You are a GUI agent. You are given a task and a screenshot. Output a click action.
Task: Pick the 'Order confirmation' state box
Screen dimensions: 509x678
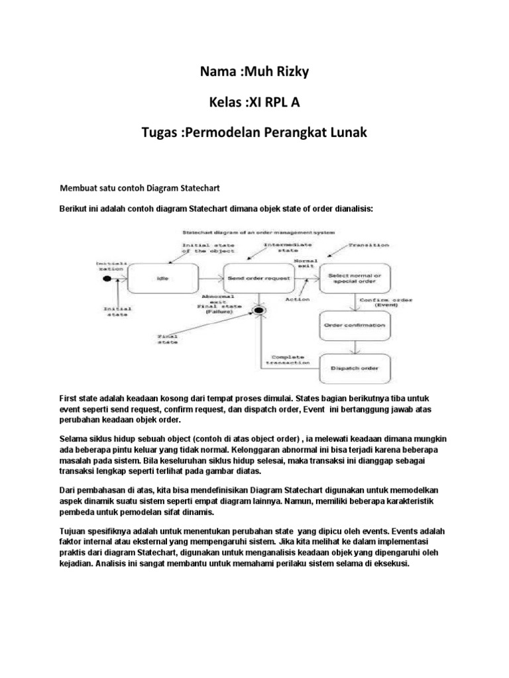pyautogui.click(x=356, y=325)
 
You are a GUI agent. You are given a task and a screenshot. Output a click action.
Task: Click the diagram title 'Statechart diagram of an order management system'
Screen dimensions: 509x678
pyautogui.click(x=259, y=232)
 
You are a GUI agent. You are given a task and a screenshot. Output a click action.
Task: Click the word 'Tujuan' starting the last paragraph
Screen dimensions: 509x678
pyautogui.click(x=74, y=532)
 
